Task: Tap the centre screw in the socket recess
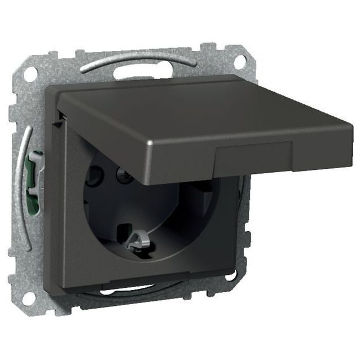click(x=122, y=177)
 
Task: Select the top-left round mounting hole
click(x=30, y=72)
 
